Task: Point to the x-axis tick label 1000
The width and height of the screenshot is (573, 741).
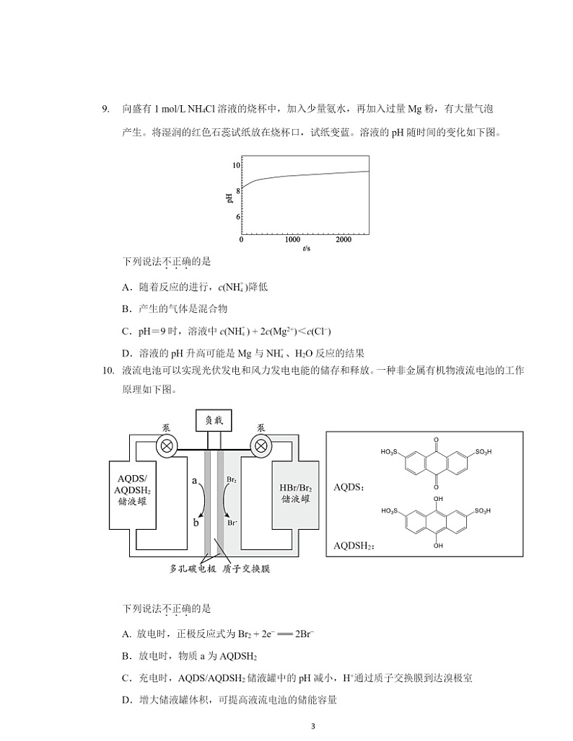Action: coord(292,240)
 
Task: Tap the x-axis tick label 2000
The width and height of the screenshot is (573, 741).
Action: coord(344,240)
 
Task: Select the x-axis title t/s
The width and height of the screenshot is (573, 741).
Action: coord(307,249)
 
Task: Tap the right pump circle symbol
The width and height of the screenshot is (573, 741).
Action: coord(260,445)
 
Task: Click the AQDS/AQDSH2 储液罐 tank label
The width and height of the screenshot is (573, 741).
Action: coord(134,490)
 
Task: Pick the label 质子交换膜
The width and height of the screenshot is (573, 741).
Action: coord(245,568)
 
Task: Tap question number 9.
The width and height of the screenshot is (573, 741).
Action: coord(105,110)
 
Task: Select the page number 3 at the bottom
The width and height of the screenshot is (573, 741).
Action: coord(312,726)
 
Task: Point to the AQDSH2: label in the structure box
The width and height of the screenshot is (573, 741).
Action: coord(354,546)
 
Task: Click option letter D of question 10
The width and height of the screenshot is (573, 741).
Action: coord(126,699)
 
